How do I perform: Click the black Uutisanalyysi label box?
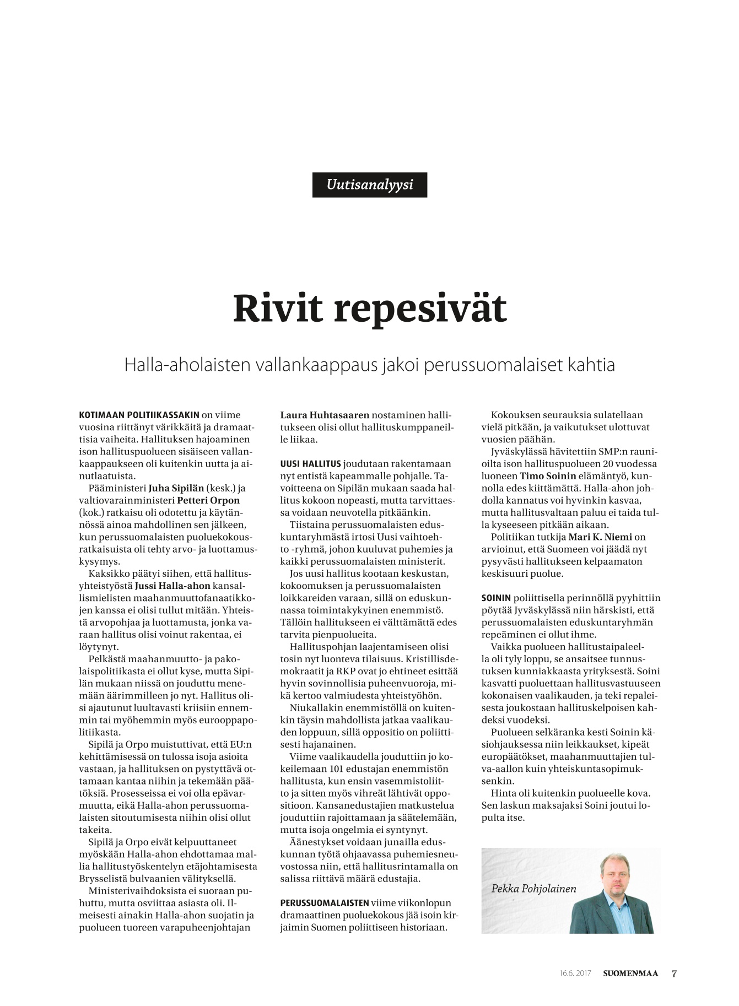369,185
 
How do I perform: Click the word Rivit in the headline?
276,309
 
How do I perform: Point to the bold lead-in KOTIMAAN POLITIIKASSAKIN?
139,415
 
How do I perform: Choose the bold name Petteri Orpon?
208,500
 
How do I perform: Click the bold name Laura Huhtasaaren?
325,415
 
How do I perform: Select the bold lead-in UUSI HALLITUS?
311,464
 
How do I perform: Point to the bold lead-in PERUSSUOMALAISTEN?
325,902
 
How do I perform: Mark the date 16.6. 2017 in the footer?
575,973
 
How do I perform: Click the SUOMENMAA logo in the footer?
630,973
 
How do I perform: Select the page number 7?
673,973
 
